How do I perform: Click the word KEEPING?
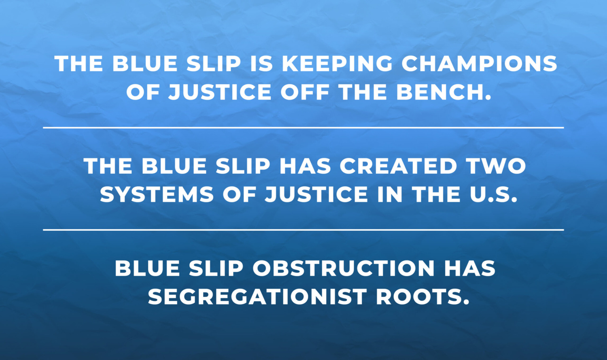click(x=337, y=64)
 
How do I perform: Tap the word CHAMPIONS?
click(x=479, y=64)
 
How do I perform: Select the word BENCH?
click(x=444, y=92)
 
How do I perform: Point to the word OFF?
click(x=305, y=92)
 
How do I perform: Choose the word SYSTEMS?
click(x=157, y=195)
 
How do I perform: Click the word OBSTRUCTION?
click(x=344, y=268)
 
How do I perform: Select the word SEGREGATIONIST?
click(x=257, y=297)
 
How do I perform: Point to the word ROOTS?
click(x=422, y=297)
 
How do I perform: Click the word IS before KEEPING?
click(x=261, y=64)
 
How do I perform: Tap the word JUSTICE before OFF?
click(x=220, y=92)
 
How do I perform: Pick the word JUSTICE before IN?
click(x=316, y=195)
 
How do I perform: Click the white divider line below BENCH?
click(x=303, y=128)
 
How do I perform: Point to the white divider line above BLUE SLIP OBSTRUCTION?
click(x=303, y=230)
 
